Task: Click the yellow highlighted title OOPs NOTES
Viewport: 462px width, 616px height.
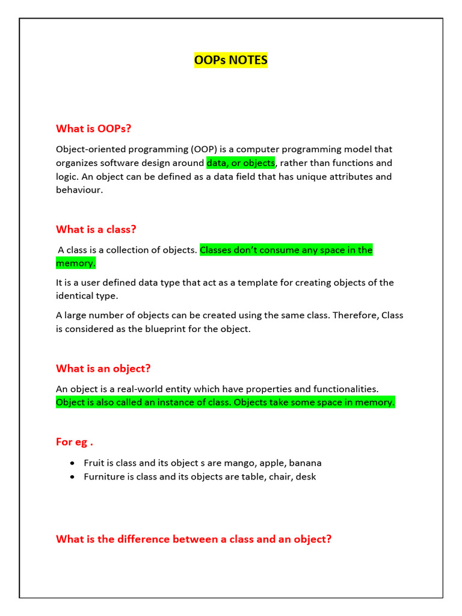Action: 231,60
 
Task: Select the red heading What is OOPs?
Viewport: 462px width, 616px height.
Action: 93,129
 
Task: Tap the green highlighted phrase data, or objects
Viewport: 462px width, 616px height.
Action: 241,163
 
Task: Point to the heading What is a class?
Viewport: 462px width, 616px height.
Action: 96,229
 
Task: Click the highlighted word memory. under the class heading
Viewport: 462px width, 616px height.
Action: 76,263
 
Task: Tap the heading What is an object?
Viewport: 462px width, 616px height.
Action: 103,368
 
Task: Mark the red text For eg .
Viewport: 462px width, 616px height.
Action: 74,442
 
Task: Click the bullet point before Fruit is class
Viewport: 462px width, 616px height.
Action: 72,463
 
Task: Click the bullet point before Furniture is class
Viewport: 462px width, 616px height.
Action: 72,476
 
